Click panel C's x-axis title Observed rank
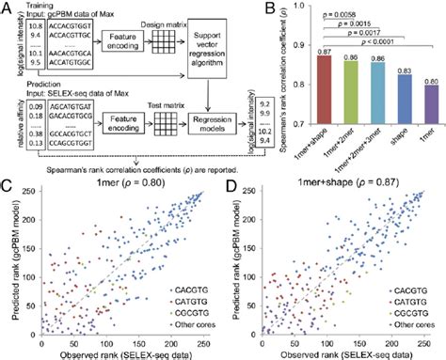point(117,352)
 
